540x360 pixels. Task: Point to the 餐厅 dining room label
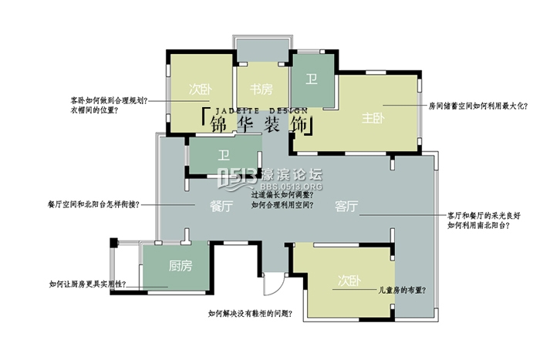[x=222, y=206]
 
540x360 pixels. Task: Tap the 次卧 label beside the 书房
[x=200, y=89]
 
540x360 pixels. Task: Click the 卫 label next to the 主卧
[x=312, y=79]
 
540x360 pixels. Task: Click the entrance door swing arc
[x=271, y=284]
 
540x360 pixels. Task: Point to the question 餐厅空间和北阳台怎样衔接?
[x=93, y=205]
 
